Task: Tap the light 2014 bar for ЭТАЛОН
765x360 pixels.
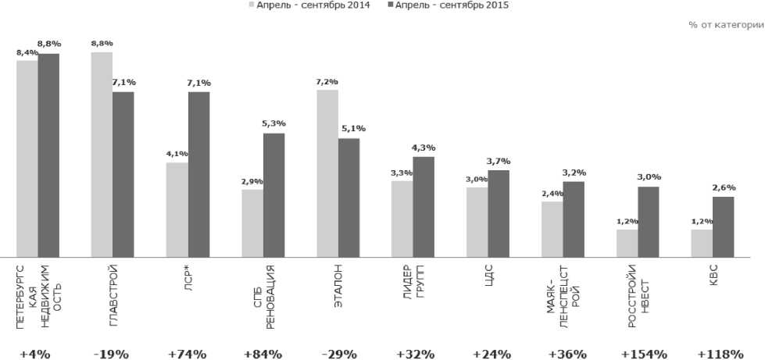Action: [327, 173]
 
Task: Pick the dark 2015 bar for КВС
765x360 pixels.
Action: [723, 226]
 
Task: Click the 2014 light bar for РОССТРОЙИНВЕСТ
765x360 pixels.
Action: [627, 243]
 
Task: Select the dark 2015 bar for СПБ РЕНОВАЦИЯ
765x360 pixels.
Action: [273, 194]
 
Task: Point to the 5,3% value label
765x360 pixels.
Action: [274, 123]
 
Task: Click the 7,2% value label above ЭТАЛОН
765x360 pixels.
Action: [327, 80]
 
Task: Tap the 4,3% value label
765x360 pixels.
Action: [424, 148]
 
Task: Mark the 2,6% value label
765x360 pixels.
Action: [724, 187]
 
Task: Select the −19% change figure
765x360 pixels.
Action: [113, 354]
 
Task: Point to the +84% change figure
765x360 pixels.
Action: [263, 354]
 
